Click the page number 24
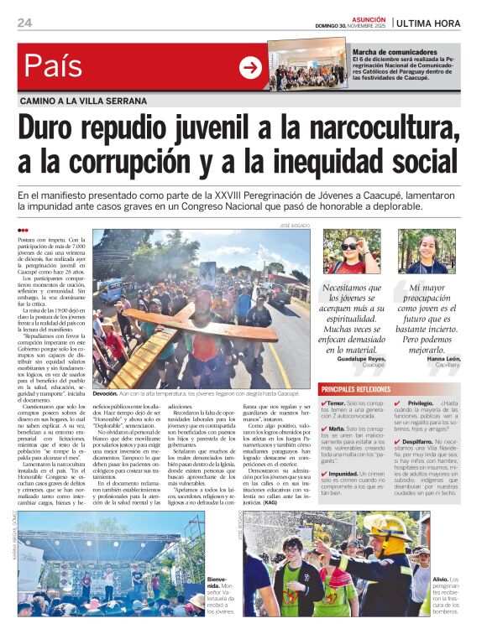[x=24, y=22]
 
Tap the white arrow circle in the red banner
[x=250, y=67]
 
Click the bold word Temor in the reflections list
[x=338, y=403]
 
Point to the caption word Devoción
[x=105, y=393]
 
